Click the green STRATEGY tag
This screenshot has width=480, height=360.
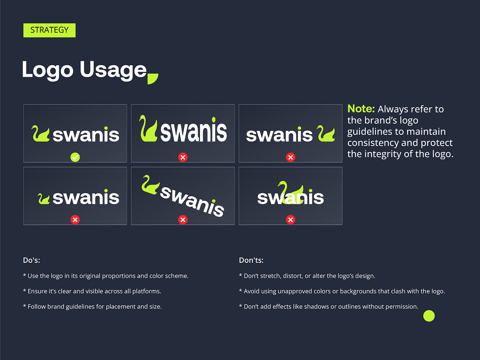coord(49,30)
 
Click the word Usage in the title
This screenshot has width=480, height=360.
coord(113,70)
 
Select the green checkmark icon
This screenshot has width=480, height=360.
coord(75,157)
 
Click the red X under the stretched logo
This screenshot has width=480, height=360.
coord(183,157)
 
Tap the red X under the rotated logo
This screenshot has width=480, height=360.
coord(183,220)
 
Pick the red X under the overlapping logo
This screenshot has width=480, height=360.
coord(291,220)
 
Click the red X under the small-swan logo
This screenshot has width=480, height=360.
coord(75,220)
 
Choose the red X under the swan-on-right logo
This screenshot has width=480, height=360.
coord(291,157)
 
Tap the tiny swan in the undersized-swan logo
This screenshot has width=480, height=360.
coord(44,198)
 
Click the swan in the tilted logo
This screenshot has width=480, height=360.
coord(150,185)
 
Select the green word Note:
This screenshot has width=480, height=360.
coord(361,109)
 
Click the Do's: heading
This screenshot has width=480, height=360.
coord(32,260)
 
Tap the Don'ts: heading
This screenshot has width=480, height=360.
coord(251,260)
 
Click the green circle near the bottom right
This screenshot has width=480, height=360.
coord(429,316)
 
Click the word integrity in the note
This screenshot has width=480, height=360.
coord(384,154)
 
